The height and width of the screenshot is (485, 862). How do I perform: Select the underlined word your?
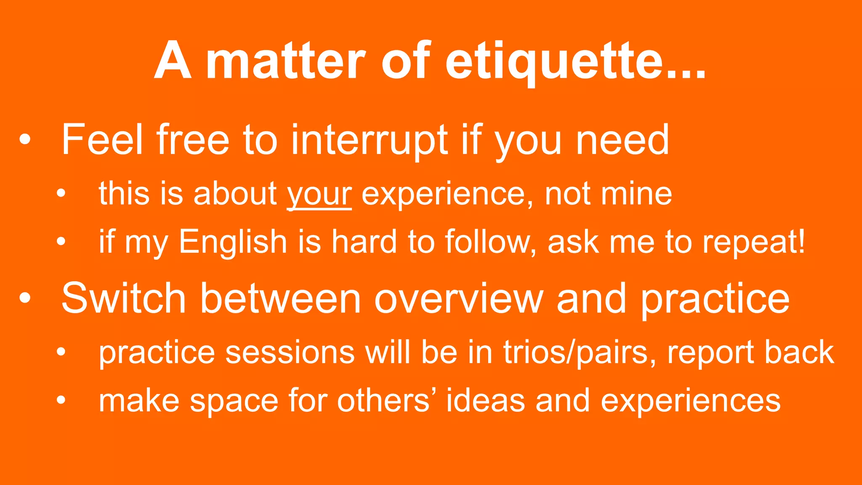pos(319,195)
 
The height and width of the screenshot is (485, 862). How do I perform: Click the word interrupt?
pos(370,140)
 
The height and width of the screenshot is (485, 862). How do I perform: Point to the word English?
pos(233,242)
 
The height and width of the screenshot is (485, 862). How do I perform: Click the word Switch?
pos(124,298)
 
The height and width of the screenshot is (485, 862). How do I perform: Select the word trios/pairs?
pos(580,352)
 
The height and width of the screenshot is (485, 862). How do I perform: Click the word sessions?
pos(290,352)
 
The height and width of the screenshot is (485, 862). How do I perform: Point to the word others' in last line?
pos(387,400)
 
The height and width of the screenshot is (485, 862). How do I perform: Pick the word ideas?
pos(486,400)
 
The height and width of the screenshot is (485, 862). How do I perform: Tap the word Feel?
pos(102,140)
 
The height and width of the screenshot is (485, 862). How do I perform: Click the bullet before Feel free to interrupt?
pos(25,140)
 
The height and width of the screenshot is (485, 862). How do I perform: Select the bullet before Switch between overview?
pos(25,298)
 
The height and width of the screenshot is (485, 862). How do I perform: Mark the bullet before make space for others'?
pos(61,400)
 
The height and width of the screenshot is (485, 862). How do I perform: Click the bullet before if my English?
pos(61,242)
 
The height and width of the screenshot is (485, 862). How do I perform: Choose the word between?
pos(280,298)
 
